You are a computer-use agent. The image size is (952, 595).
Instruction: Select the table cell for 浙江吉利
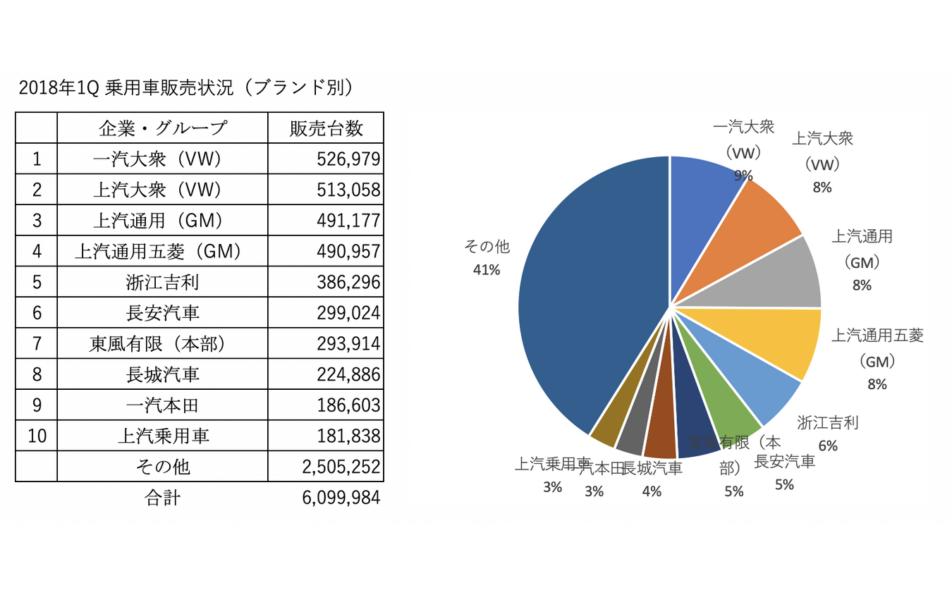(x=162, y=283)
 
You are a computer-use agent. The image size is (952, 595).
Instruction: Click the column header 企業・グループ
(x=162, y=128)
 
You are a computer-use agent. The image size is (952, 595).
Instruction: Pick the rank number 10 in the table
(x=37, y=436)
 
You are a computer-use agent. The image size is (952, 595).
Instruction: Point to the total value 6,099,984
(x=341, y=498)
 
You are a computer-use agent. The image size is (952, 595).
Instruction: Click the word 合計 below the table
(x=162, y=498)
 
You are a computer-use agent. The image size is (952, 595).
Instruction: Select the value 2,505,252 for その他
(x=341, y=467)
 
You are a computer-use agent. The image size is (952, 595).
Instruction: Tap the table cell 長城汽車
(x=162, y=374)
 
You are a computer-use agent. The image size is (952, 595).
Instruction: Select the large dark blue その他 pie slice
(x=585, y=296)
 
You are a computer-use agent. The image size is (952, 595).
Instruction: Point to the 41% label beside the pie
(x=487, y=270)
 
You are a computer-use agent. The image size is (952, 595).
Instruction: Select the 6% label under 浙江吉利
(x=827, y=446)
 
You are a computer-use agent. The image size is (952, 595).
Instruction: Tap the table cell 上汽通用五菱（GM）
(x=162, y=252)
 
